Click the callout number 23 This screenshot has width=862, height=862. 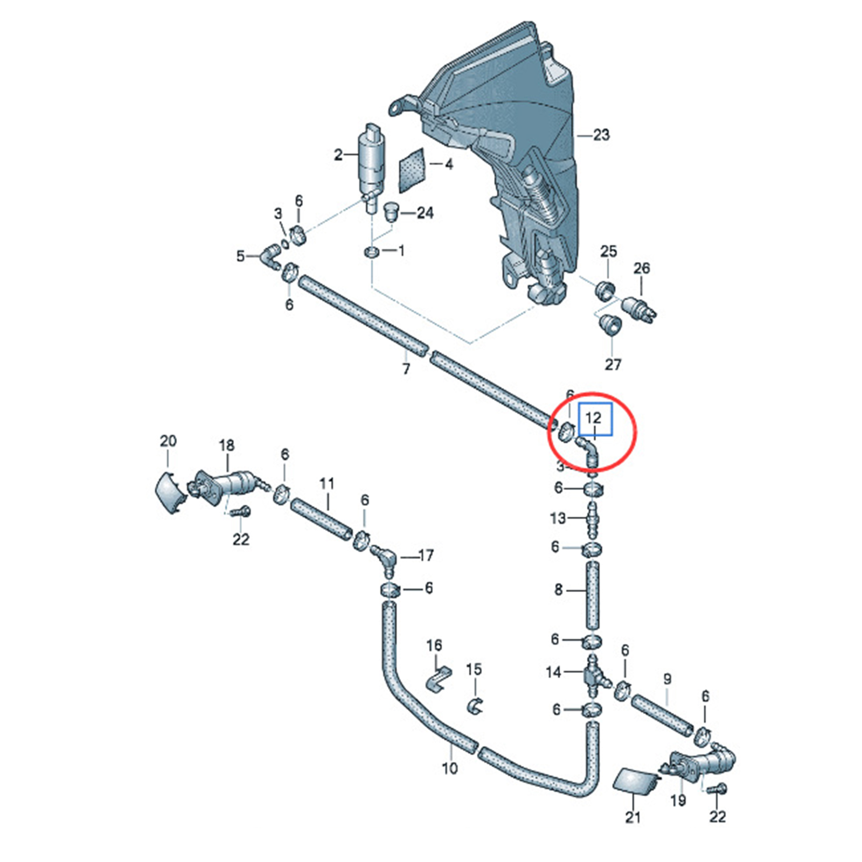tap(601, 135)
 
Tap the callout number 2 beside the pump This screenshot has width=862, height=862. tap(338, 155)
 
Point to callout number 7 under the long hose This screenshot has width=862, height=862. tap(406, 369)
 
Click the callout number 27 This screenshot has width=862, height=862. tap(613, 365)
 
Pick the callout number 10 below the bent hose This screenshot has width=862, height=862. tap(449, 768)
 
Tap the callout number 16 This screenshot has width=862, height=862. tap(434, 645)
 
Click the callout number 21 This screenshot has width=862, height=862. tap(632, 817)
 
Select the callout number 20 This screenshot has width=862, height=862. tap(168, 441)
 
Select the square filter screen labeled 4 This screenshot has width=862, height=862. tap(412, 170)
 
